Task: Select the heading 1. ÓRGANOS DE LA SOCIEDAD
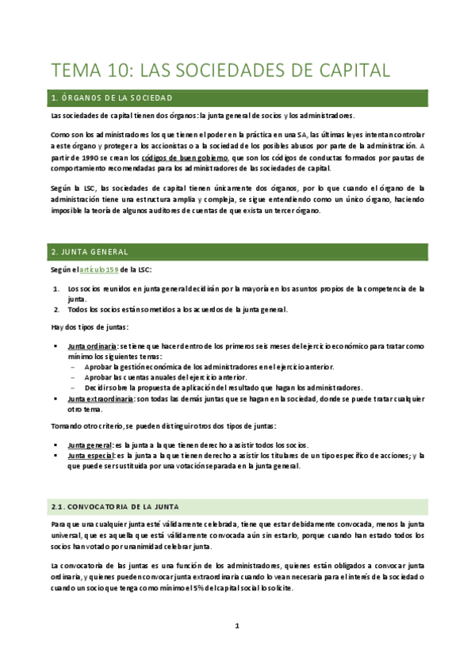coord(122,98)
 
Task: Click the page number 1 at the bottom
coord(237,626)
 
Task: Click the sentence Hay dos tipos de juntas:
coord(84,327)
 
